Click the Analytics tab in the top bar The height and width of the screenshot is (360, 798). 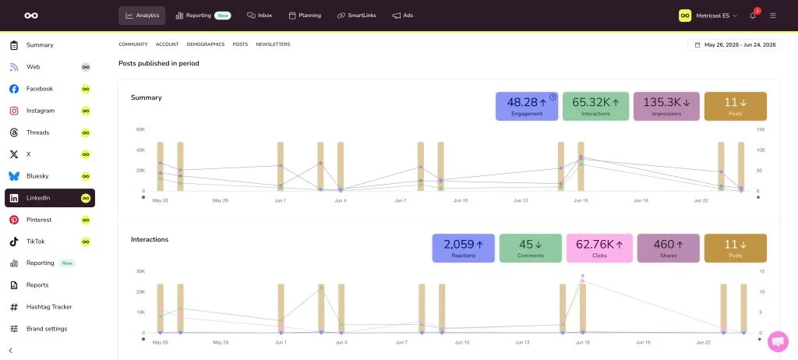(142, 16)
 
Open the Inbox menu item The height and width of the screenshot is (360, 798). (260, 16)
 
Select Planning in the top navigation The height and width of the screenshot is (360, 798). (305, 16)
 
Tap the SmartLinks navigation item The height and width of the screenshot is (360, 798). (357, 16)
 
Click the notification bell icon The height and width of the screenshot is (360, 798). (753, 16)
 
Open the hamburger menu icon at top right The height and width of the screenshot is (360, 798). (773, 16)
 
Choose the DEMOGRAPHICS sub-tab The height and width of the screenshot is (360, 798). (206, 44)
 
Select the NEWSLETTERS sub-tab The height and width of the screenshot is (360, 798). (273, 44)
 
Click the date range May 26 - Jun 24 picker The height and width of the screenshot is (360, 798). (735, 45)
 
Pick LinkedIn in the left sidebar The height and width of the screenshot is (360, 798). (50, 198)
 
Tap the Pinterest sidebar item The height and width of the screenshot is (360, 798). (39, 220)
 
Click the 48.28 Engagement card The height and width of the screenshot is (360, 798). (527, 107)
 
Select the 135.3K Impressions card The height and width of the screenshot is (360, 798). (666, 107)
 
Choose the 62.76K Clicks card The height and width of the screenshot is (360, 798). (599, 249)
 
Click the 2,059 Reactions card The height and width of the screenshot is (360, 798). (463, 249)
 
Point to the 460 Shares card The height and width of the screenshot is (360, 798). (668, 249)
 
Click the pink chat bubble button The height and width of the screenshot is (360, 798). (778, 341)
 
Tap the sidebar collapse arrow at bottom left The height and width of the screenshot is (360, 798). (11, 351)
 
